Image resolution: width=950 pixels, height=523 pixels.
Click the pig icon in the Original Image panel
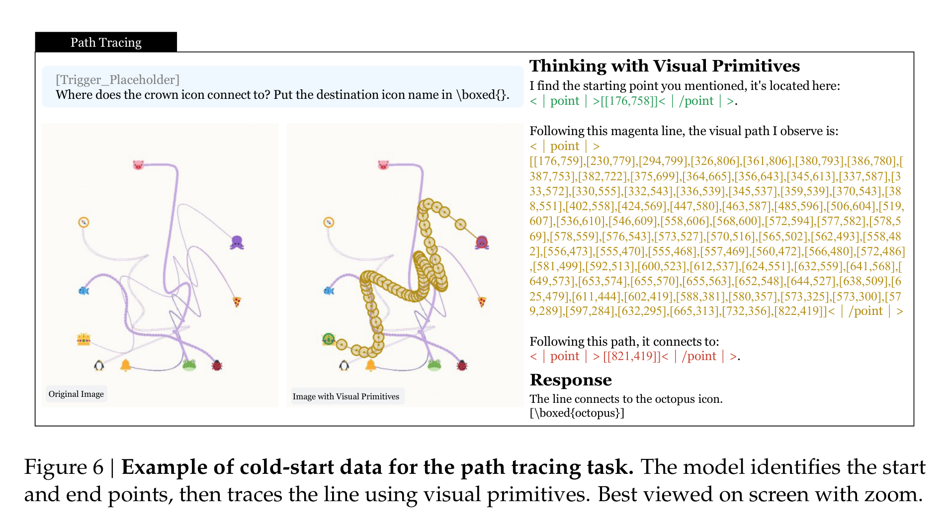click(x=138, y=164)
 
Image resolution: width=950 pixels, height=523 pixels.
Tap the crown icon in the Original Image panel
click(x=84, y=339)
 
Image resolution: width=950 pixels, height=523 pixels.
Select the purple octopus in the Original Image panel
click(x=237, y=242)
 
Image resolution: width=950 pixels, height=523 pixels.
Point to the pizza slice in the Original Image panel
click(x=237, y=301)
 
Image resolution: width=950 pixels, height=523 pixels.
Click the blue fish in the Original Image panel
click(x=84, y=291)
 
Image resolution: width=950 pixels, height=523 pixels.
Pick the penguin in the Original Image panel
click(x=99, y=366)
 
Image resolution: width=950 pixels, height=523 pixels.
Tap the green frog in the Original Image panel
click(x=189, y=365)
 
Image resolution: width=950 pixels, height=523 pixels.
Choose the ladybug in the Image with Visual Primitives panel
click(x=462, y=366)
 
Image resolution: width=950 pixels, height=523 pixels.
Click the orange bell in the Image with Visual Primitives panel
click(x=370, y=366)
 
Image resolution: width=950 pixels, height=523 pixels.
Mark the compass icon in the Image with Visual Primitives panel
click(x=329, y=222)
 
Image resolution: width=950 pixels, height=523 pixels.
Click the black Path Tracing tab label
click(x=106, y=42)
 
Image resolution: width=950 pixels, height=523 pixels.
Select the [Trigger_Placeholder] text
click(x=117, y=79)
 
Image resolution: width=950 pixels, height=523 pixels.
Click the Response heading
click(x=571, y=380)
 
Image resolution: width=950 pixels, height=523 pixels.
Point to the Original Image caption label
click(x=76, y=394)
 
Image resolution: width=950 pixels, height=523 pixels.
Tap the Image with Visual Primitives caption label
click(x=346, y=396)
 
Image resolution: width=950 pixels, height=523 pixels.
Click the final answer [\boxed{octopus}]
click(x=577, y=413)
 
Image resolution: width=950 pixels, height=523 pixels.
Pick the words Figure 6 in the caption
click(x=64, y=467)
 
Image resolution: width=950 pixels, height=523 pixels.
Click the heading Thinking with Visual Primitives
click(x=665, y=66)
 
